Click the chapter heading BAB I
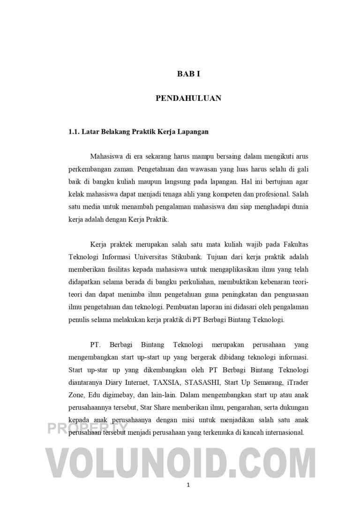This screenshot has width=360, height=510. [188, 74]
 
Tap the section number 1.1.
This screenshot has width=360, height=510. [74, 132]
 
